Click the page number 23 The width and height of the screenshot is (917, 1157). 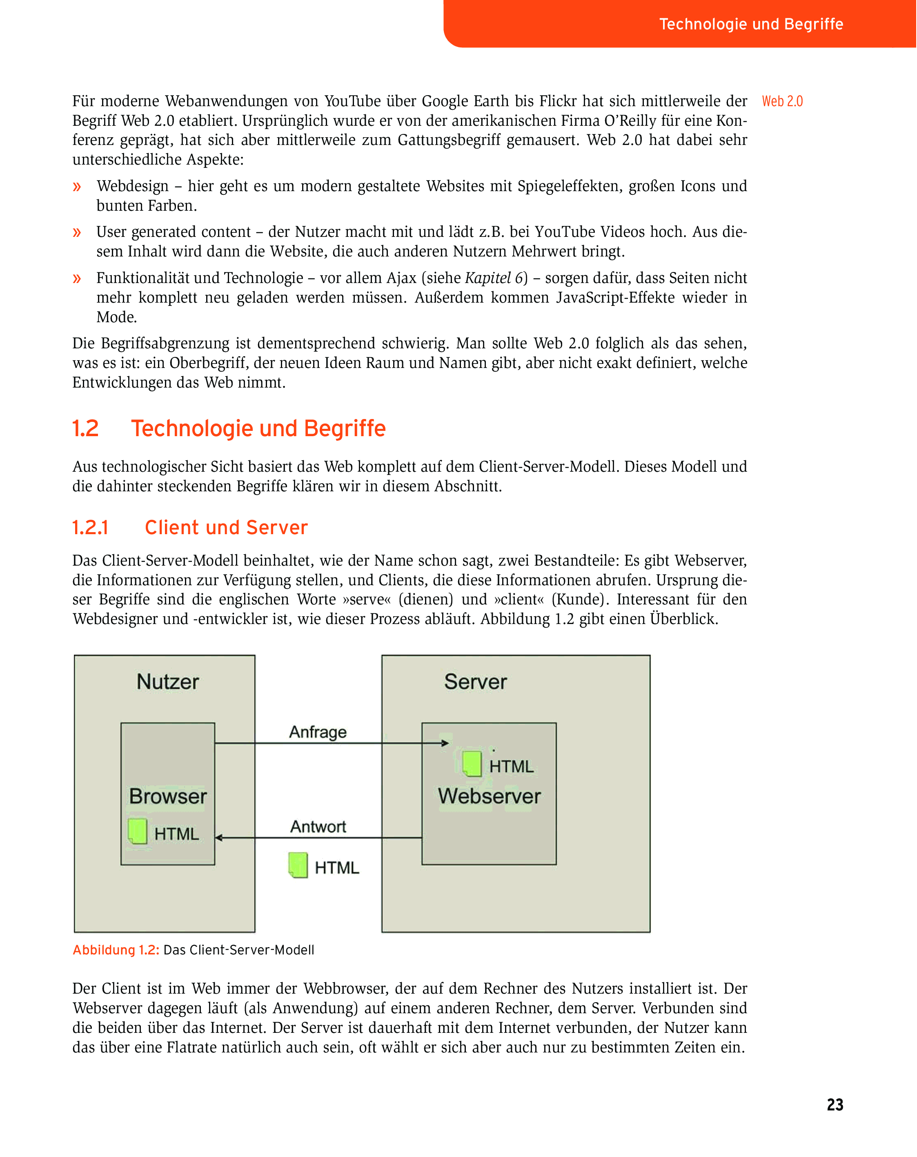click(835, 1104)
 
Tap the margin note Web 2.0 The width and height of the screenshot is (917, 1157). click(782, 101)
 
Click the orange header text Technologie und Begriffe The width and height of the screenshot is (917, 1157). click(751, 24)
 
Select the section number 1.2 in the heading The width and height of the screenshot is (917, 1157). click(85, 429)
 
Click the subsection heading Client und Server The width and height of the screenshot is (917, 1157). click(226, 528)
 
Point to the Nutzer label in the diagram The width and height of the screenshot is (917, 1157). click(167, 682)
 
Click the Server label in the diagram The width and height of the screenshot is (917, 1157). click(475, 682)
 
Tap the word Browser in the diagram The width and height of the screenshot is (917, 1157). click(167, 796)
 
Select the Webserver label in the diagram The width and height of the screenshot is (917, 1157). click(489, 796)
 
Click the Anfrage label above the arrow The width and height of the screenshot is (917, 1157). click(318, 732)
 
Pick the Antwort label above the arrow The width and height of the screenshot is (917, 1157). click(318, 827)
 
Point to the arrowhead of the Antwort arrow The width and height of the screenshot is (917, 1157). click(219, 837)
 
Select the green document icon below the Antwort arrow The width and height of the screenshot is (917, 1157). click(298, 865)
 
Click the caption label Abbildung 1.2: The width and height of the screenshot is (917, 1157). click(116, 950)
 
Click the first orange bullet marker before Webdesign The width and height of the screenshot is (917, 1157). click(77, 187)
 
